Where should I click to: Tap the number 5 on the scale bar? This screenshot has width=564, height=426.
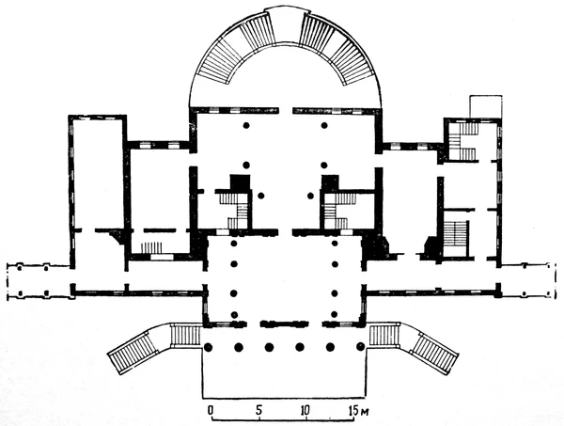pyautogui.click(x=258, y=410)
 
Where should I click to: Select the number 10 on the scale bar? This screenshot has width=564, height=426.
pyautogui.click(x=305, y=410)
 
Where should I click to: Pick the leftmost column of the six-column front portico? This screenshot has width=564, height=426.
pyautogui.click(x=209, y=347)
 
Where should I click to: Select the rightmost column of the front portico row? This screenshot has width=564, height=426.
pyautogui.click(x=360, y=347)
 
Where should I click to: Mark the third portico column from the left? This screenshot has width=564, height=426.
pyautogui.click(x=269, y=347)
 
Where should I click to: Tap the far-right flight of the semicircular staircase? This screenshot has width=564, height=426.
pyautogui.click(x=356, y=62)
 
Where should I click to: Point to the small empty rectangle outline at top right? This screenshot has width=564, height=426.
pyautogui.click(x=486, y=106)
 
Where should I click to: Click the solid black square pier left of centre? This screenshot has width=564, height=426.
pyautogui.click(x=241, y=182)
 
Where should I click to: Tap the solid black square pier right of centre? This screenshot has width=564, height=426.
pyautogui.click(x=331, y=182)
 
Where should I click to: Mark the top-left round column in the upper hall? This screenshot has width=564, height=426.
pyautogui.click(x=246, y=125)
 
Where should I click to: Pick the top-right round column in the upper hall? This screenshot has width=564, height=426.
pyautogui.click(x=324, y=125)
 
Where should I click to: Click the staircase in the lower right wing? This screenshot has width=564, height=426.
pyautogui.click(x=456, y=238)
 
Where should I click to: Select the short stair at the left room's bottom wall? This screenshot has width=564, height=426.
pyautogui.click(x=151, y=248)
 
